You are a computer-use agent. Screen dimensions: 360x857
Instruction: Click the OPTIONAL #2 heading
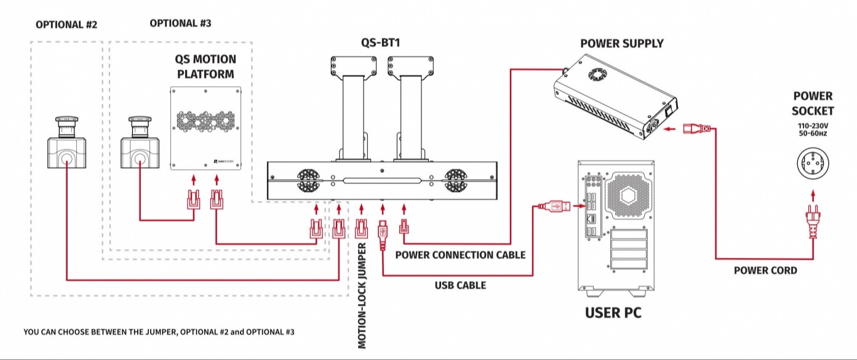pyautogui.click(x=66, y=25)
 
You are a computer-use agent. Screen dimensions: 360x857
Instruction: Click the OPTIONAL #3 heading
pyautogui.click(x=180, y=23)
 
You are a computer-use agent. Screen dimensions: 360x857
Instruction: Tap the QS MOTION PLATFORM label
pyautogui.click(x=206, y=66)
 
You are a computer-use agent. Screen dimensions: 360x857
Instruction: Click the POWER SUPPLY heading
pyautogui.click(x=622, y=43)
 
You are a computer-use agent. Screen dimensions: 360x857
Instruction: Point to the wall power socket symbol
pyautogui.click(x=813, y=166)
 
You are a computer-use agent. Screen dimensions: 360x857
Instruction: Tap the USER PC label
pyautogui.click(x=613, y=313)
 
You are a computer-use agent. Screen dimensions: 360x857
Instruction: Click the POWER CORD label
pyautogui.click(x=765, y=270)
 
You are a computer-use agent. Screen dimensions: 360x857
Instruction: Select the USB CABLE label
pyautogui.click(x=460, y=285)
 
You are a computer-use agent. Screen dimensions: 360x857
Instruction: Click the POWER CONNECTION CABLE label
pyautogui.click(x=460, y=255)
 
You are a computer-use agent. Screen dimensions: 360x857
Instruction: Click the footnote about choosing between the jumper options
pyautogui.click(x=159, y=332)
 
